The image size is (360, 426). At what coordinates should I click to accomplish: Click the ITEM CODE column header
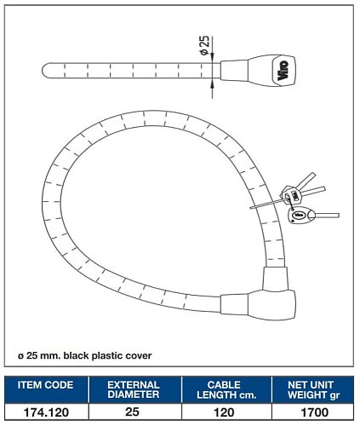(45, 385)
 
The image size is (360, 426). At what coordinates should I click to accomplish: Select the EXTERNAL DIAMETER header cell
(134, 389)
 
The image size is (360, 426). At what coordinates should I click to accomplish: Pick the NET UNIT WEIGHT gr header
(313, 390)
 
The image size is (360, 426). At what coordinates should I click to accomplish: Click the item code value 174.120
(46, 412)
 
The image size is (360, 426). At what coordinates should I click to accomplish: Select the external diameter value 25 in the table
(132, 412)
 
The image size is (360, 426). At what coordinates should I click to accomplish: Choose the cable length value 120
(224, 412)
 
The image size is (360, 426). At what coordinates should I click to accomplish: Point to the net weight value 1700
(315, 412)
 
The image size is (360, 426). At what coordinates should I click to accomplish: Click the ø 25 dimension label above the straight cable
(204, 45)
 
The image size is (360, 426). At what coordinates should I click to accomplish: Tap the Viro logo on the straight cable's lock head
(283, 71)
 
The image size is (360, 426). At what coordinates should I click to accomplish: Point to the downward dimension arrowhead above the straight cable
(212, 58)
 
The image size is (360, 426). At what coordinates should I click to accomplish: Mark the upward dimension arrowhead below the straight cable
(212, 83)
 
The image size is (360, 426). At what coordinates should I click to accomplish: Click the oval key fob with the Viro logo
(300, 216)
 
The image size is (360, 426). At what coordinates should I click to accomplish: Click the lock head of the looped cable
(271, 305)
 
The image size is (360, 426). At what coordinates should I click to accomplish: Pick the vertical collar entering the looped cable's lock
(274, 279)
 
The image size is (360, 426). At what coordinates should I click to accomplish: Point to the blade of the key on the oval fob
(327, 216)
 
